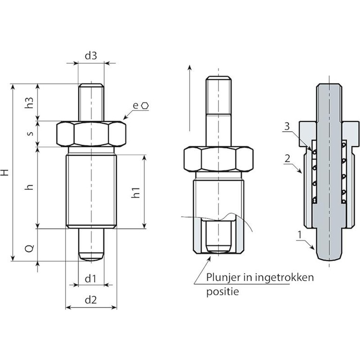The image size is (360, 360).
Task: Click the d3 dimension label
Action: coord(91,56)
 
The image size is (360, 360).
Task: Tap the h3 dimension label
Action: coord(30,103)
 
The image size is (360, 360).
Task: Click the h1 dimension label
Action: coord(136,192)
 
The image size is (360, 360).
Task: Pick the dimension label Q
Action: coord(30,248)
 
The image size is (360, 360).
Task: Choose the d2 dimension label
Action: coord(91,300)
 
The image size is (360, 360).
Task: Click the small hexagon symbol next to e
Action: coord(145,105)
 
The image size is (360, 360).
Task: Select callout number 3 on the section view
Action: coord(287,127)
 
